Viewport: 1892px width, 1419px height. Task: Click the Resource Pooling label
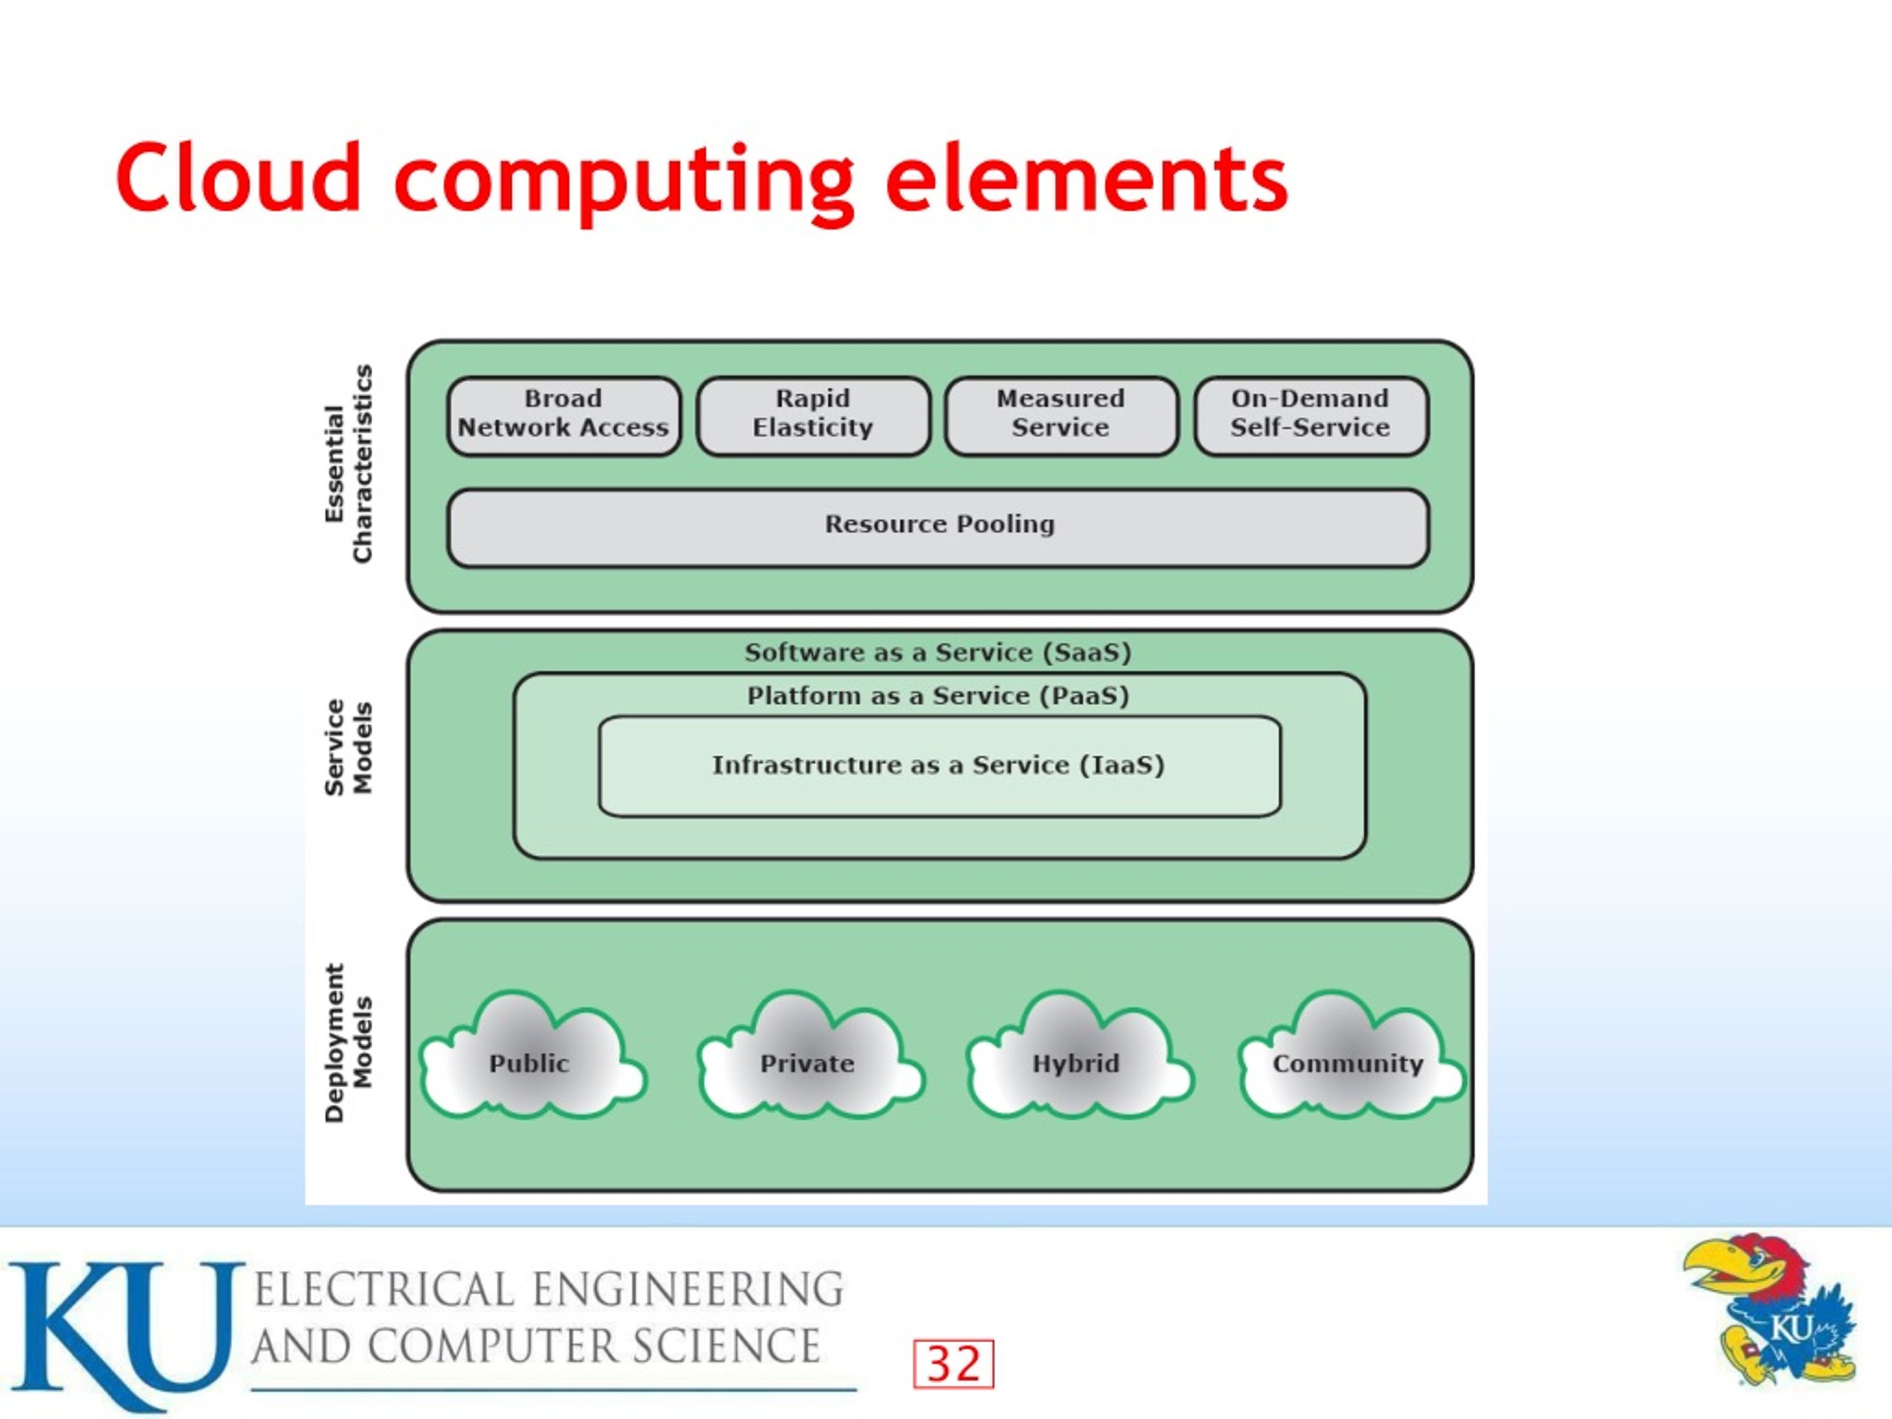(x=939, y=524)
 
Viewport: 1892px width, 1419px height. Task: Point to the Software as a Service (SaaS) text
(x=939, y=653)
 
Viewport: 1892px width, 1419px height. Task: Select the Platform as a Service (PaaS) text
(x=939, y=695)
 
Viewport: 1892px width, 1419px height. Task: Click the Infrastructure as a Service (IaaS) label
(x=939, y=765)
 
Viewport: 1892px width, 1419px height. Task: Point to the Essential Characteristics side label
(x=349, y=463)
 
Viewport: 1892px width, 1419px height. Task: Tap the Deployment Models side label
(x=349, y=1043)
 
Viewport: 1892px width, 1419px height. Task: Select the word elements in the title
(x=1087, y=179)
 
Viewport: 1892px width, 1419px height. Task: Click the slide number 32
(x=953, y=1364)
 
